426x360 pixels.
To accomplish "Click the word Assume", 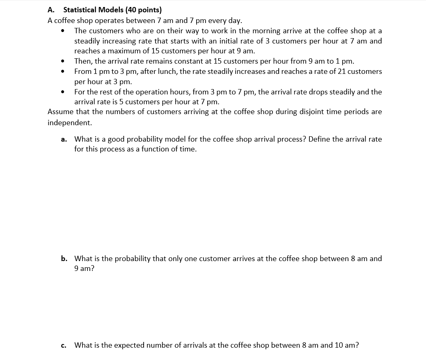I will click(60, 112).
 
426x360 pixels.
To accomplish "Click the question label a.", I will click(64, 139).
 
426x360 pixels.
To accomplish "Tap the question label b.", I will click(64, 259).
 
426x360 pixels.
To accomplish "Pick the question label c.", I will click(64, 346).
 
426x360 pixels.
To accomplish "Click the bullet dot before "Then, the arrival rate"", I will click(63, 62).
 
